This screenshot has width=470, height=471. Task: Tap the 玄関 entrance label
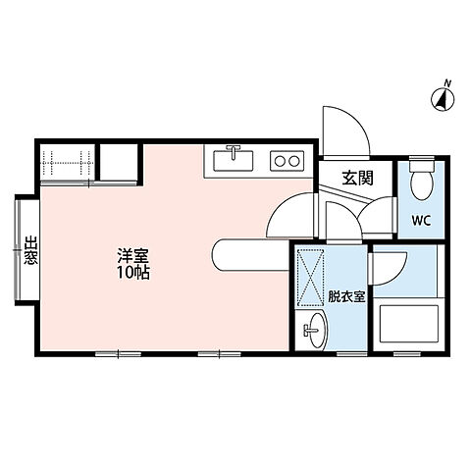point(357,178)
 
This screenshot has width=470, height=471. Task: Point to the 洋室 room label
point(131,256)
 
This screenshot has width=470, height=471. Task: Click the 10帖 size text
point(131,273)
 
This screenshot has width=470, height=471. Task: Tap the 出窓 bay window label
point(30,251)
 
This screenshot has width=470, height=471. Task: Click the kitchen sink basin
point(234,157)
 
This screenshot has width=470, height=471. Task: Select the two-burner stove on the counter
point(287,159)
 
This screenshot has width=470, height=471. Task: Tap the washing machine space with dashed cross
point(313,279)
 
